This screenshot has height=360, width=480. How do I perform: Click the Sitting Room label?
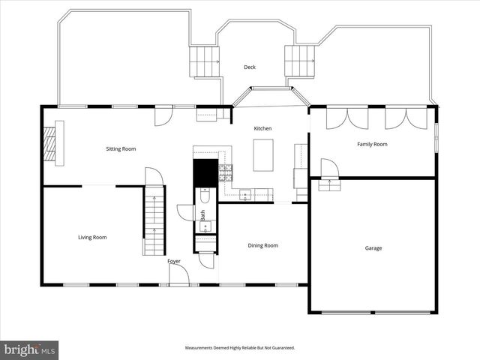click(121, 149)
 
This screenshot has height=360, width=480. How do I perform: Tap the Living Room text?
click(92, 237)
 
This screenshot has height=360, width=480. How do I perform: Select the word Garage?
click(373, 248)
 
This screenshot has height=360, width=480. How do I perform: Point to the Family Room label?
click(372, 144)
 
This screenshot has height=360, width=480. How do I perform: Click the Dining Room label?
click(262, 245)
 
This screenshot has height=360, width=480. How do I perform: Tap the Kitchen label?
click(262, 129)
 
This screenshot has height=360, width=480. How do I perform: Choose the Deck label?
click(250, 67)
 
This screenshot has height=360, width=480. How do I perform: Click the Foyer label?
click(174, 261)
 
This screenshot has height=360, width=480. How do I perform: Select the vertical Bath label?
click(202, 214)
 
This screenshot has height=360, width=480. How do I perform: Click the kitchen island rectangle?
click(262, 155)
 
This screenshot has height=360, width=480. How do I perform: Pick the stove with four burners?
click(225, 173)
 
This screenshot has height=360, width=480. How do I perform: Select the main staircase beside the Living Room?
click(154, 223)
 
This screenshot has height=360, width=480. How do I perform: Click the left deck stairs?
click(203, 61)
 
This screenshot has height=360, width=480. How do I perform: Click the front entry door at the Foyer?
click(178, 275)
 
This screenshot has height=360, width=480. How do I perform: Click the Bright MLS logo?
click(30, 349)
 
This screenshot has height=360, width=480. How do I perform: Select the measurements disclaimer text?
click(240, 348)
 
